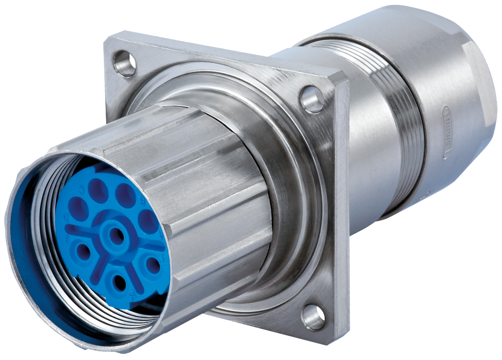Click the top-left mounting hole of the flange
pos(125,63)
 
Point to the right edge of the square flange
pos(343,205)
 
